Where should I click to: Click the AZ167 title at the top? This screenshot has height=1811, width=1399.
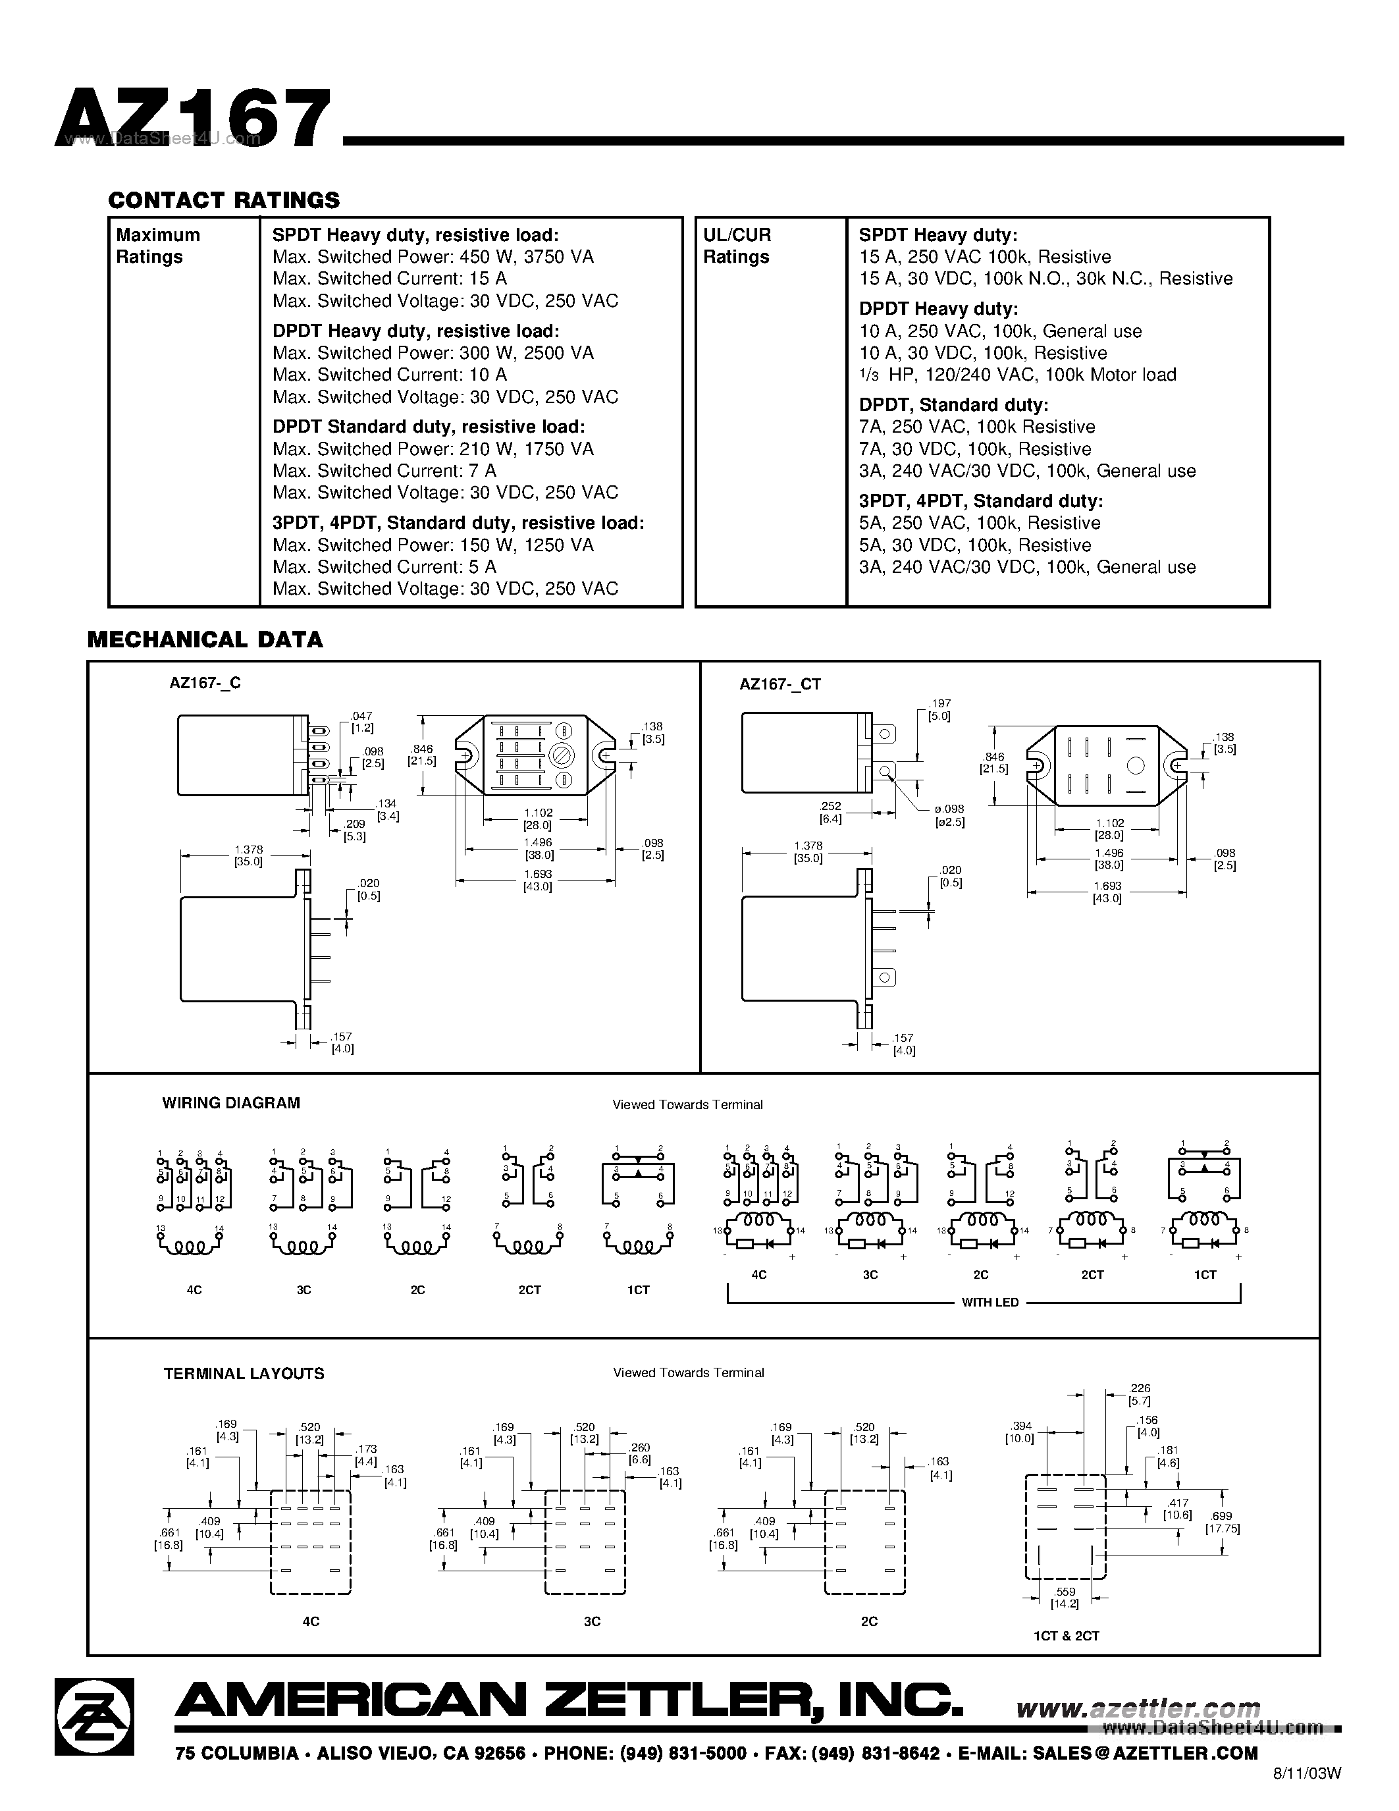tap(193, 119)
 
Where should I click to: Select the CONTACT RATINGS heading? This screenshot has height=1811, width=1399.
tap(224, 201)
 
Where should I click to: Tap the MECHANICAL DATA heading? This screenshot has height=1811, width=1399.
tap(205, 639)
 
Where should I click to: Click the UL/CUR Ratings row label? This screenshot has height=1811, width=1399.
tap(736, 246)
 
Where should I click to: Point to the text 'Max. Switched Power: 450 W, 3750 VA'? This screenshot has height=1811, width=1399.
tap(433, 257)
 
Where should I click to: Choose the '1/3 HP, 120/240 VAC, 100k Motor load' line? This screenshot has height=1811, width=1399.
tap(1017, 375)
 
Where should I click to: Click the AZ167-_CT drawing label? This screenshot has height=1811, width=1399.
tap(779, 684)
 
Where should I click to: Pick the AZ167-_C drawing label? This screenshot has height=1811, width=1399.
tap(205, 684)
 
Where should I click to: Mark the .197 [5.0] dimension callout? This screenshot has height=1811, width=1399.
tap(939, 710)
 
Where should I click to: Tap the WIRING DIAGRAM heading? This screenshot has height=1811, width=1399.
tap(230, 1103)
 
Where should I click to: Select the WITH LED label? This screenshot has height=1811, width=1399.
tap(990, 1303)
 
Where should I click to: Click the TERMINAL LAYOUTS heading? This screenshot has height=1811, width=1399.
tap(244, 1373)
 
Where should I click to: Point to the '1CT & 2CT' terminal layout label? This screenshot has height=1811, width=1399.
tap(1066, 1636)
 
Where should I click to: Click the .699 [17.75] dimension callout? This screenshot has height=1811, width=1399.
tap(1223, 1523)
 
